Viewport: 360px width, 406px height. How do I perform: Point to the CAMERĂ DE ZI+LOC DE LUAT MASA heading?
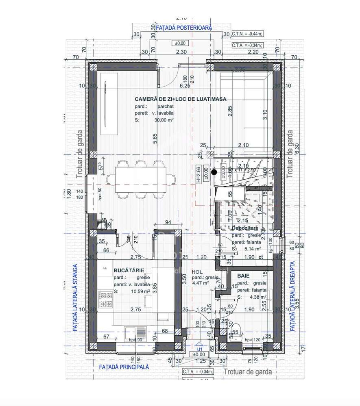pyautogui.click(x=181, y=99)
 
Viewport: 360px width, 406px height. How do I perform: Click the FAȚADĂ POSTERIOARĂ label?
pyautogui.click(x=184, y=27)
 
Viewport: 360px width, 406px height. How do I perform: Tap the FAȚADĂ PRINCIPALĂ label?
pyautogui.click(x=124, y=367)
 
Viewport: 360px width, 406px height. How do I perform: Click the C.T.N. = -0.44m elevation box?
pyautogui.click(x=247, y=35)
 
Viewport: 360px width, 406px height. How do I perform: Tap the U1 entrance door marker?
pyautogui.click(x=199, y=349)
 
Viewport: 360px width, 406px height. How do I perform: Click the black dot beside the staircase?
pyautogui.click(x=214, y=172)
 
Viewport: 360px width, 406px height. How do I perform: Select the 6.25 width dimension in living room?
pyautogui.click(x=185, y=86)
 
